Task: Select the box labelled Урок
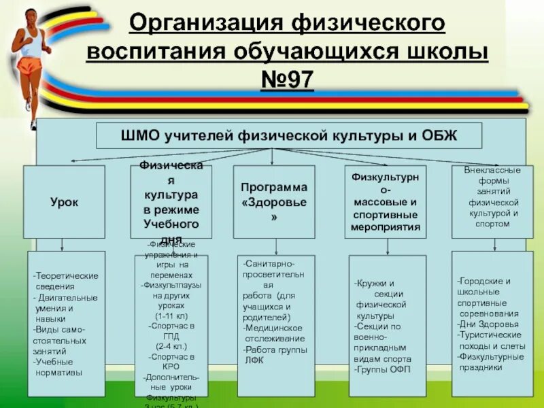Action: click(64, 202)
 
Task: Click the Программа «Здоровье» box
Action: click(273, 202)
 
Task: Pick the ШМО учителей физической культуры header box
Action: click(289, 135)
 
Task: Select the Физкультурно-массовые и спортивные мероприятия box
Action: click(385, 202)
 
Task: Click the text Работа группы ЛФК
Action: click(275, 355)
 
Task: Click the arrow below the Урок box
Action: click(63, 245)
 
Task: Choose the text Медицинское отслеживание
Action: click(273, 333)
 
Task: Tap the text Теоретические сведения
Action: click(66, 281)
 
